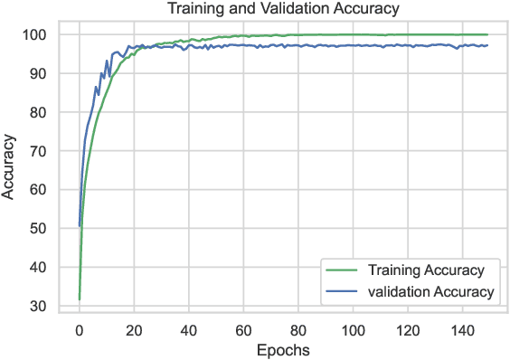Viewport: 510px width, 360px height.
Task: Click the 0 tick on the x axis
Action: coord(80,329)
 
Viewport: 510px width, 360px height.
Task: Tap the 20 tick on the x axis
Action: coord(135,329)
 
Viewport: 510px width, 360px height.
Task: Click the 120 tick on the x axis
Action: coord(408,329)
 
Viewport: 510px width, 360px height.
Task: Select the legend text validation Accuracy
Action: coord(429,291)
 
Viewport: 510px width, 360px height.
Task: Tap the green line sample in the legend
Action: coord(345,270)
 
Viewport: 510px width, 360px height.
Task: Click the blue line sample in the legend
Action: coord(345,291)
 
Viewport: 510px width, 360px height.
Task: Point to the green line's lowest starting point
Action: coord(80,298)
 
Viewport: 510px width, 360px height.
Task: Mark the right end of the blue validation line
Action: coord(487,45)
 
